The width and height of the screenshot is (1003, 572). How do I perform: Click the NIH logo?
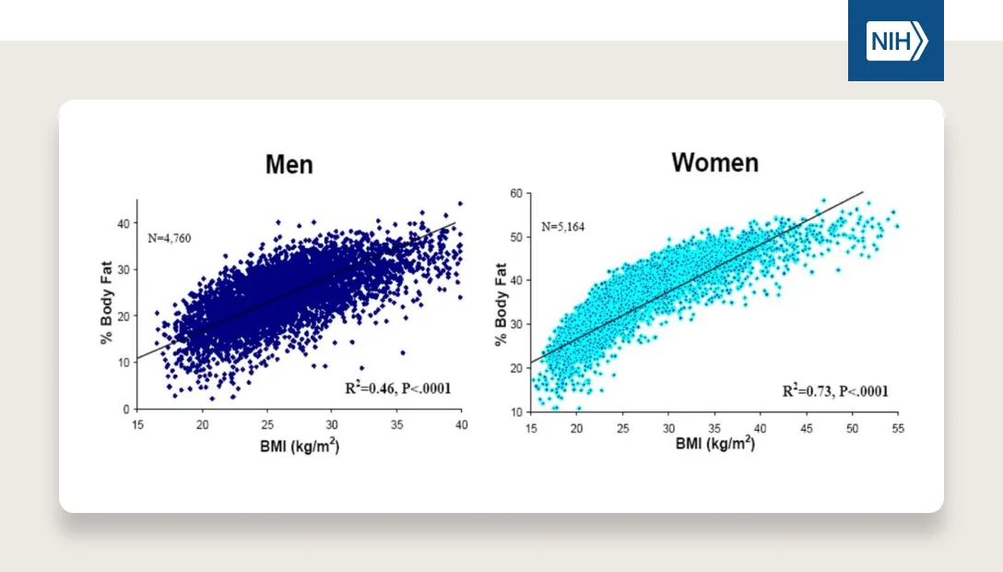[x=895, y=42]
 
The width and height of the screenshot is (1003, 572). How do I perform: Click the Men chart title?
[x=289, y=165]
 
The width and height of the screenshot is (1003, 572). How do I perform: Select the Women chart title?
[x=714, y=163]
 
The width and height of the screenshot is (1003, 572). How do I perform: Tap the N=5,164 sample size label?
[x=563, y=226]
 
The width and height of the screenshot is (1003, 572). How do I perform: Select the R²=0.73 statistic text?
[x=835, y=391]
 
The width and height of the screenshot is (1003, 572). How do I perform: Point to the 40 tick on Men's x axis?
[x=462, y=424]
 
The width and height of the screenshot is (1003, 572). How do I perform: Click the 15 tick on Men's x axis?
[x=137, y=424]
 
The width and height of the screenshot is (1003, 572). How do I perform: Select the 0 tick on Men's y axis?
[x=125, y=409]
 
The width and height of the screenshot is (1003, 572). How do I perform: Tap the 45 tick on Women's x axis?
[x=807, y=428]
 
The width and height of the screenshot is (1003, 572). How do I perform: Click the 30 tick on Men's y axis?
[x=123, y=268]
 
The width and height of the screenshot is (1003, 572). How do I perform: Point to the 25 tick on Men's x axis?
[x=267, y=424]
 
